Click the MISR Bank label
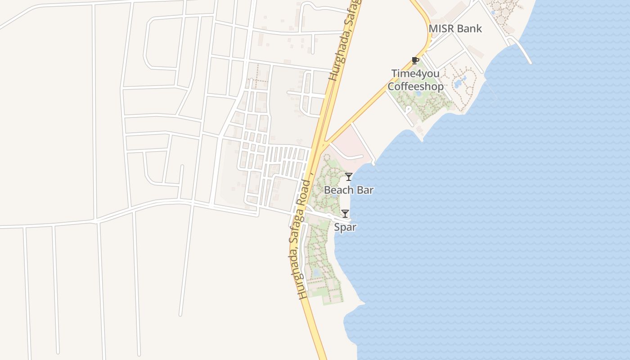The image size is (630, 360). click(x=455, y=29)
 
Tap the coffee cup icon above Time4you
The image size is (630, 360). click(x=415, y=60)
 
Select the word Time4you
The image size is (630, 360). click(x=415, y=73)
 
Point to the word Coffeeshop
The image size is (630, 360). click(x=415, y=86)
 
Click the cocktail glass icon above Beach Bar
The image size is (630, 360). click(x=348, y=176)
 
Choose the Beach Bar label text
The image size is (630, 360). click(x=349, y=190)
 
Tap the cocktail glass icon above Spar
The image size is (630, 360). click(x=345, y=213)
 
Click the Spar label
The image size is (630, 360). click(x=345, y=227)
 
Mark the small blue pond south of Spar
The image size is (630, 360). click(x=316, y=273)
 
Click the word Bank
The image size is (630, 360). click(x=469, y=29)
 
